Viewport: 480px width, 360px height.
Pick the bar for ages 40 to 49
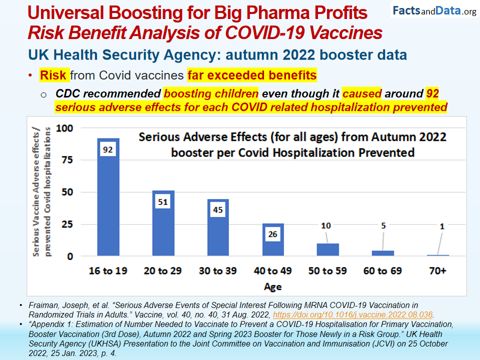(273, 245)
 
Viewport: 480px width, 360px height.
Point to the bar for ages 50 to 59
(327, 249)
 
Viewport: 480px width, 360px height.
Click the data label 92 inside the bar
(108, 149)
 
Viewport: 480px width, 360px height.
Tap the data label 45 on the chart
(218, 210)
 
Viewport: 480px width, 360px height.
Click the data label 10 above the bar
(325, 226)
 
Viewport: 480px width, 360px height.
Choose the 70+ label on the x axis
(438, 271)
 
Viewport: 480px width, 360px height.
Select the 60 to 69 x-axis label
(382, 271)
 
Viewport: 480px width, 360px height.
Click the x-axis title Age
(273, 286)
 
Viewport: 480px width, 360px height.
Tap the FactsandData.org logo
(434, 11)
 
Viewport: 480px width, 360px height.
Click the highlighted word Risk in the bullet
(53, 75)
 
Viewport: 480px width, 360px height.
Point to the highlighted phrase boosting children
(211, 94)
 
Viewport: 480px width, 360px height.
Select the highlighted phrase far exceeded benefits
(252, 75)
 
